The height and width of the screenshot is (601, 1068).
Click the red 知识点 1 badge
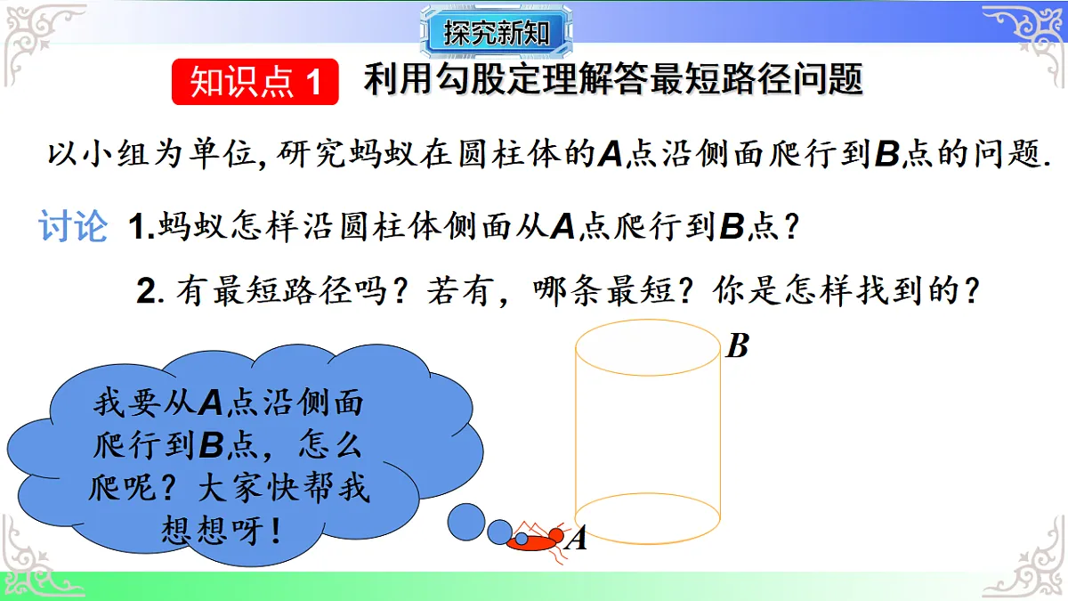[255, 82]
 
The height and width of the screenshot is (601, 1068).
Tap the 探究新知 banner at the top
[497, 35]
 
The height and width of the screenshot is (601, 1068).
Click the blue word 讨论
[73, 227]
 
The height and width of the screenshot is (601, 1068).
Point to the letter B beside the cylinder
[737, 345]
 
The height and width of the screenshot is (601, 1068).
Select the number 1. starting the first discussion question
[142, 228]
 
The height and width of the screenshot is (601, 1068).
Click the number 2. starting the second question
[148, 292]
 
